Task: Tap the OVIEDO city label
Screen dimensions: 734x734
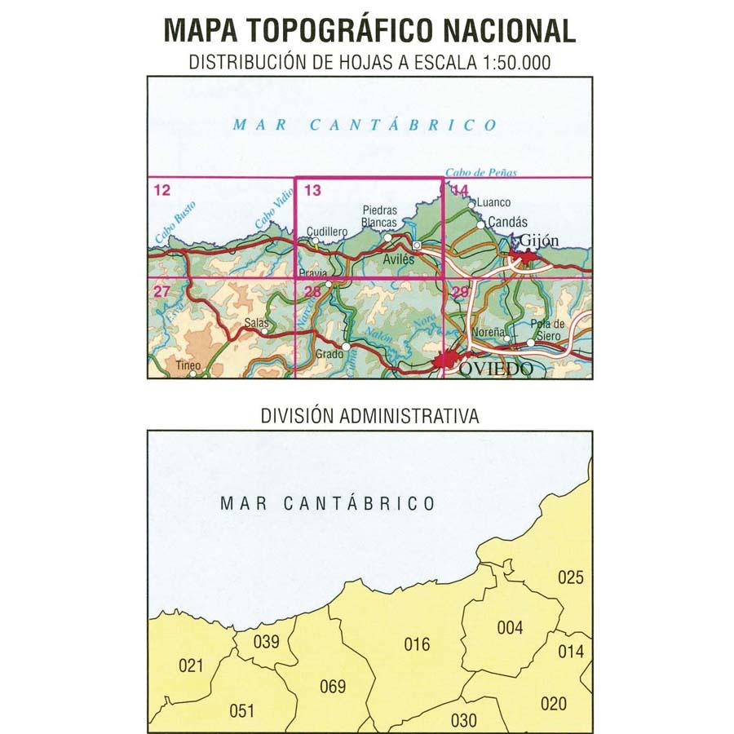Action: click(496, 369)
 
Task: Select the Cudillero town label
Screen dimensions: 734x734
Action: click(328, 232)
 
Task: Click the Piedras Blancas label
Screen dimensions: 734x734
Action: click(378, 216)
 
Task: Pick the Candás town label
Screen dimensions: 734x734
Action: click(507, 221)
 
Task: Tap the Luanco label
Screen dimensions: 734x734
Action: click(493, 202)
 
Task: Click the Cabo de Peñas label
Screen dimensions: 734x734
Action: click(481, 173)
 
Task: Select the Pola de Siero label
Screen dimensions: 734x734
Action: click(548, 328)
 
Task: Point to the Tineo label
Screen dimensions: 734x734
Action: click(188, 365)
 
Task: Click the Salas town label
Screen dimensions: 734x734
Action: click(256, 324)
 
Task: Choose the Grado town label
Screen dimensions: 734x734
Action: click(329, 355)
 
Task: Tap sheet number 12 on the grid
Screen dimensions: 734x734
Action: click(161, 191)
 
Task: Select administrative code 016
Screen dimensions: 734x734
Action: click(417, 644)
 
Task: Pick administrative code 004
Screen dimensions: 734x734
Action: click(510, 627)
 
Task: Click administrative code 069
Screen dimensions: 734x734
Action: click(333, 686)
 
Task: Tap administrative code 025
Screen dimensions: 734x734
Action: click(571, 577)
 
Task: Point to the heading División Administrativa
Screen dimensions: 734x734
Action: click(369, 415)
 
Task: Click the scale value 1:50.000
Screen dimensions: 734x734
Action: click(505, 61)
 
